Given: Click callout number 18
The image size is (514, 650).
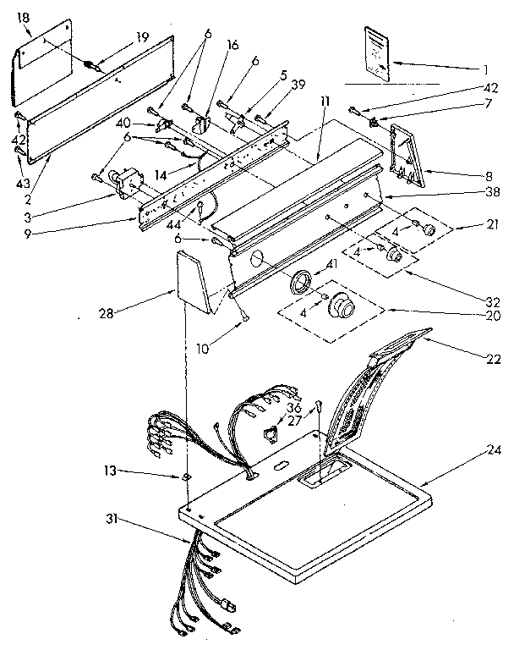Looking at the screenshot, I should pos(23,17).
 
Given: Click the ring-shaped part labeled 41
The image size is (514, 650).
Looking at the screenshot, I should pos(298,283).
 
